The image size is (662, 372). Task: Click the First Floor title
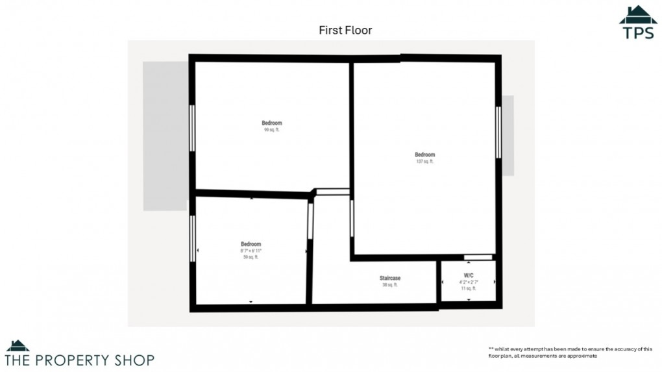345,30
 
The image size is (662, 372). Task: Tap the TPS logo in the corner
638,23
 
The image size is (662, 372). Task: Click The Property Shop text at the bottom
80,359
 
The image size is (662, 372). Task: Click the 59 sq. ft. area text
251,257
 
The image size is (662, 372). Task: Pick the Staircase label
390,278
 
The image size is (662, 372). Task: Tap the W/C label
469,276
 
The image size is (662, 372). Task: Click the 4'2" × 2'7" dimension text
469,282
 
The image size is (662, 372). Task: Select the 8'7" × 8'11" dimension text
251,251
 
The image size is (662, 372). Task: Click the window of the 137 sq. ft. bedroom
498,132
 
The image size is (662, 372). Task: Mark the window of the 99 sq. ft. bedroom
192,128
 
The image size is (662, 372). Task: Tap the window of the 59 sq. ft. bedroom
192,238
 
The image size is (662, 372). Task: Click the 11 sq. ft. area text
469,288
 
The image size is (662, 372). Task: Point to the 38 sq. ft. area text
389,284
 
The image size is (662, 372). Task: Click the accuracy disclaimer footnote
570,352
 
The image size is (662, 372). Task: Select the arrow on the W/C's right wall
495,282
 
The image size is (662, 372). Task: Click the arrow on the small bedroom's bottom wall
251,302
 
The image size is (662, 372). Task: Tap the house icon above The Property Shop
18,346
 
